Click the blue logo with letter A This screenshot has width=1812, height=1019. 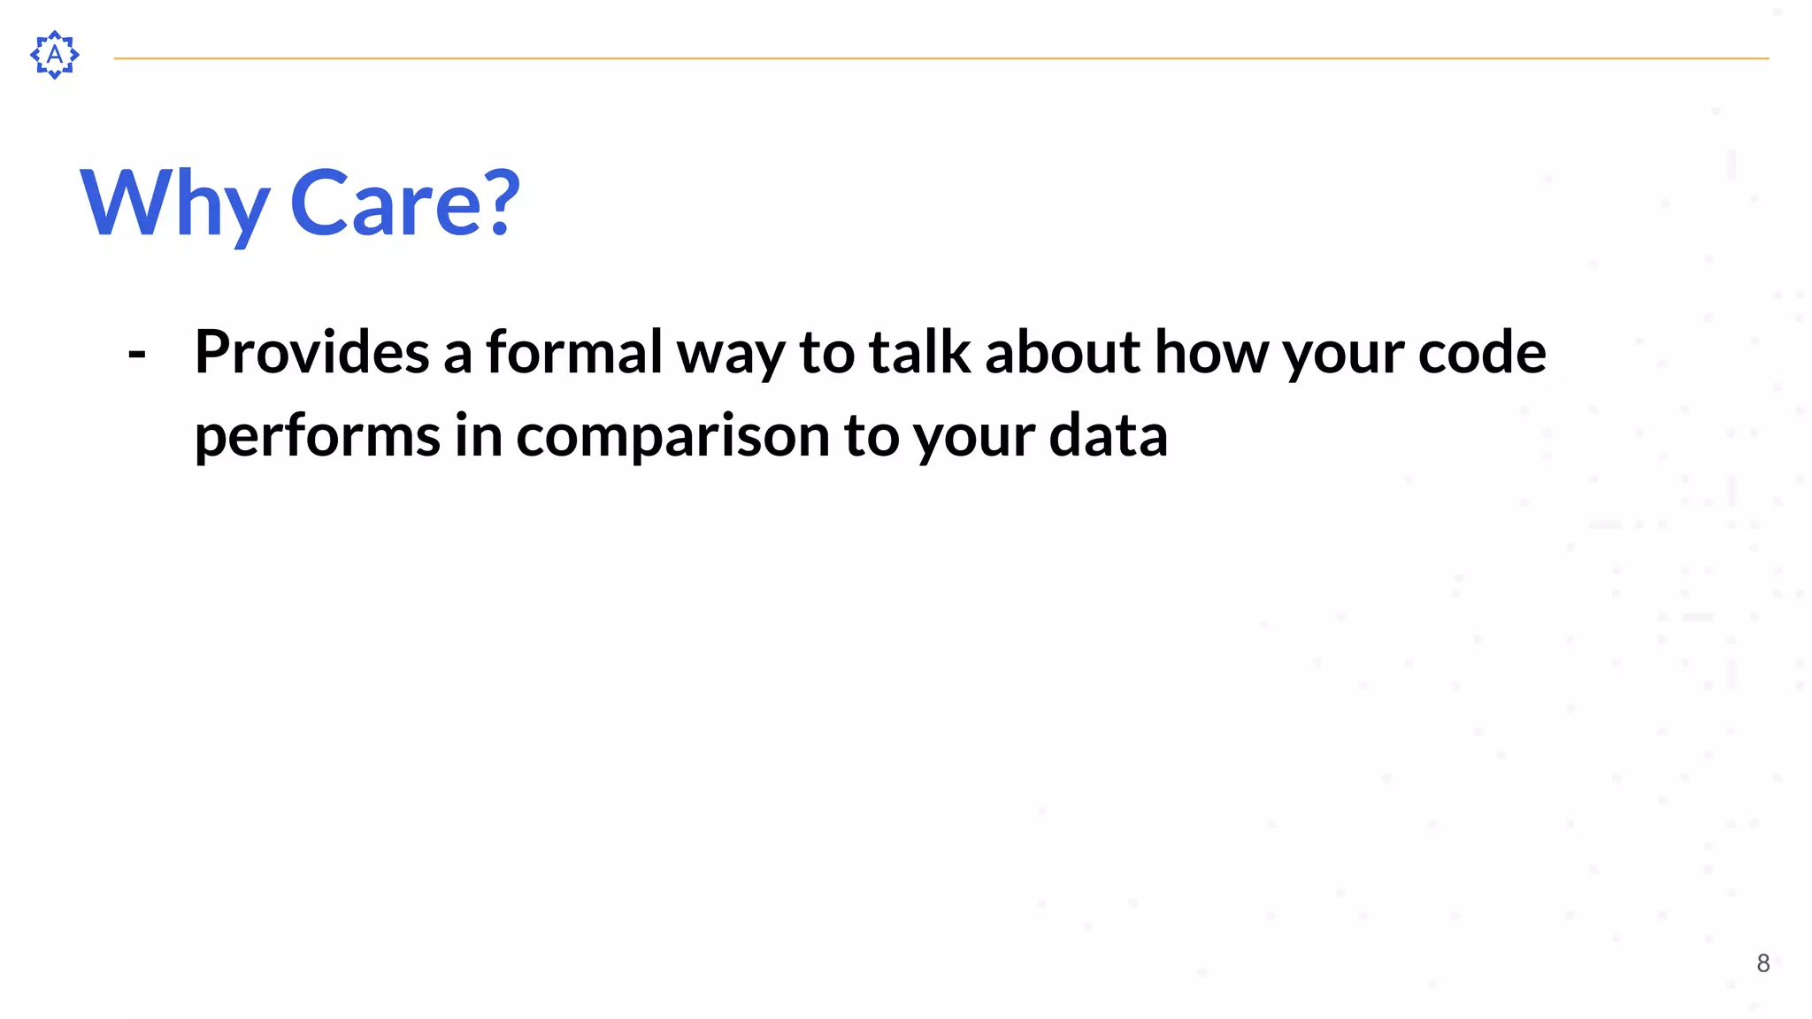coord(55,55)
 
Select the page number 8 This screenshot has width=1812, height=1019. coord(1762,963)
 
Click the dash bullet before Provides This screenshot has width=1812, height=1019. coord(137,354)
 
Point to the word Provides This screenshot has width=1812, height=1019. coord(311,352)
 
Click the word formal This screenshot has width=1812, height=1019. coord(573,352)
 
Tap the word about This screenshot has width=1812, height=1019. coord(1063,352)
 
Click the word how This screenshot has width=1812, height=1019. coord(1210,352)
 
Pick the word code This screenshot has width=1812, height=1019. coord(1482,352)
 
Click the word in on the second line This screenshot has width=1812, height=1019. coord(478,435)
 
